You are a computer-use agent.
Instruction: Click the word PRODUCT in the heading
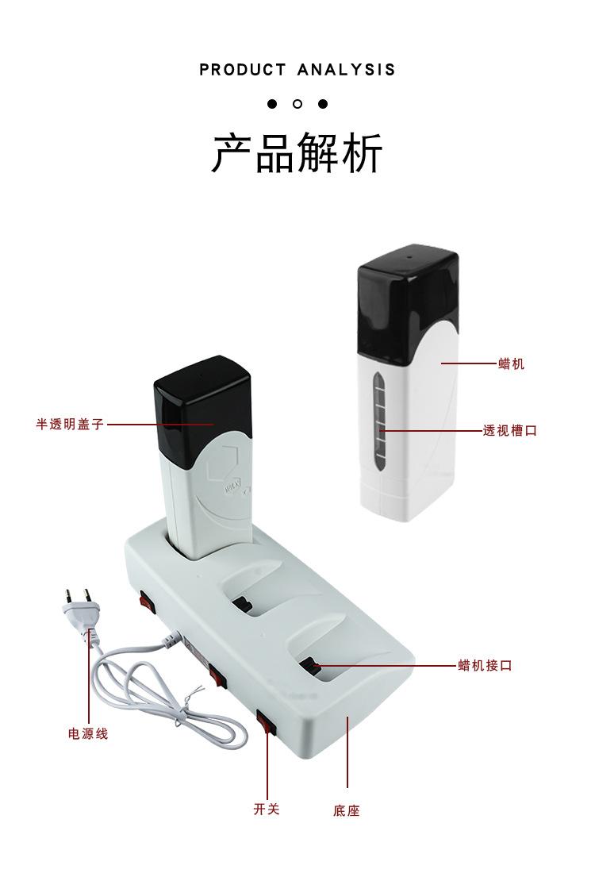(x=242, y=70)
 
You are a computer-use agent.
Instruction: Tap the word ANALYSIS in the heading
(x=346, y=70)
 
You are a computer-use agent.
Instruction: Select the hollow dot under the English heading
(x=297, y=104)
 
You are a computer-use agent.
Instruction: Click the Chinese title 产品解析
(x=297, y=153)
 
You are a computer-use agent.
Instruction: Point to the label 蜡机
(x=511, y=364)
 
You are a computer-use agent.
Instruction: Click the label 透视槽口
(x=510, y=431)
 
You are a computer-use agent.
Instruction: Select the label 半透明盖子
(x=70, y=425)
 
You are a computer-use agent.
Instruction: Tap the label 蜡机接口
(x=485, y=665)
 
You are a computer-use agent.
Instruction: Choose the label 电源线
(x=87, y=734)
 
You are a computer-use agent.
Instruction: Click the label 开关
(x=267, y=810)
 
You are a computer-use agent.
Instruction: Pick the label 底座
(x=347, y=811)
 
